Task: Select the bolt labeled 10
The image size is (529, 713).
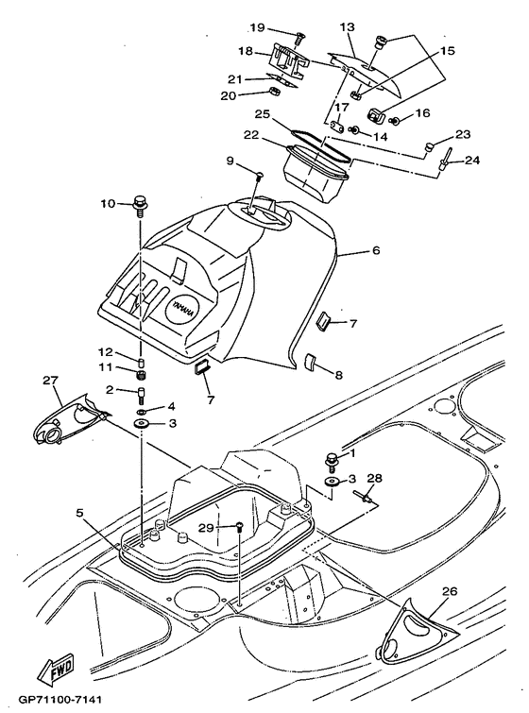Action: [x=141, y=203]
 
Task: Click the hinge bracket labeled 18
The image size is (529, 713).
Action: [x=288, y=59]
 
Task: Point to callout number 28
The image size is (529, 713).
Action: [x=375, y=478]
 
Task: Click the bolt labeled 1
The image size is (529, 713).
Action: [x=332, y=460]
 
